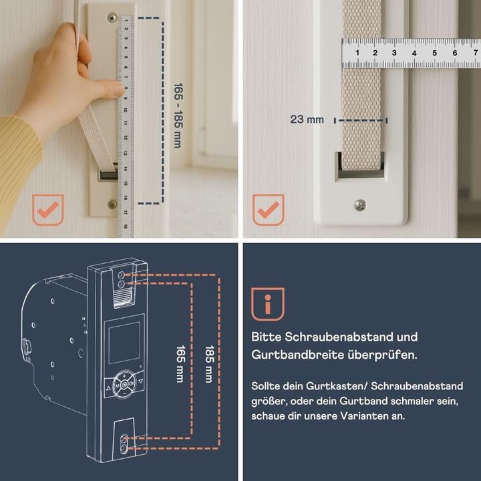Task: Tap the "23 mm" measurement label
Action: point(307,120)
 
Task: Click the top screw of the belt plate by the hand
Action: point(112,18)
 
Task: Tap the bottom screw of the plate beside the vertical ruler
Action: point(112,204)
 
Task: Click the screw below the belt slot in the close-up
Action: point(360,204)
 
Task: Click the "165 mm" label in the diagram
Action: point(179,364)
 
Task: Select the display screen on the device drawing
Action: point(124,342)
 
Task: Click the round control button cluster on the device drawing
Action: point(124,384)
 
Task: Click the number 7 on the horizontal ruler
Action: point(455,52)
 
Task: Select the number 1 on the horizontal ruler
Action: point(358,52)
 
